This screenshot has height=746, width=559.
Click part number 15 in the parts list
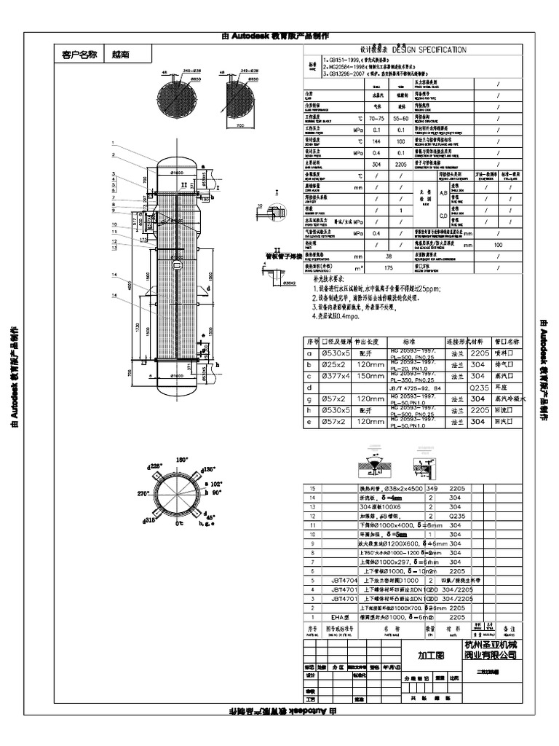click(314, 489)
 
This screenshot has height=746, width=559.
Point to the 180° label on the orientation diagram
click(182, 460)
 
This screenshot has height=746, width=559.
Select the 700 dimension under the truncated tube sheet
click(241, 125)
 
